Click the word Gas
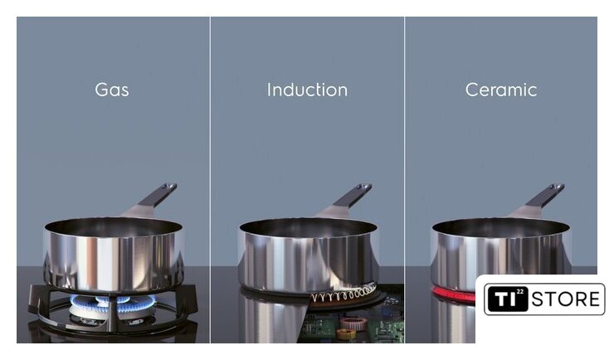[x=112, y=90]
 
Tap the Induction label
[x=307, y=90]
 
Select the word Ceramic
[x=501, y=90]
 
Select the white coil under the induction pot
[x=344, y=294]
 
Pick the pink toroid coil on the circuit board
[x=353, y=324]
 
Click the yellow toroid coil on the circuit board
[x=346, y=333]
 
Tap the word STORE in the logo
[x=565, y=299]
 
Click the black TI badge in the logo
[x=506, y=299]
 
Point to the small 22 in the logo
[x=520, y=291]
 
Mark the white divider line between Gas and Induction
[x=210, y=180]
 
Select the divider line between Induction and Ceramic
[x=405, y=180]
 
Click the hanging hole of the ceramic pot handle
[x=558, y=187]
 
